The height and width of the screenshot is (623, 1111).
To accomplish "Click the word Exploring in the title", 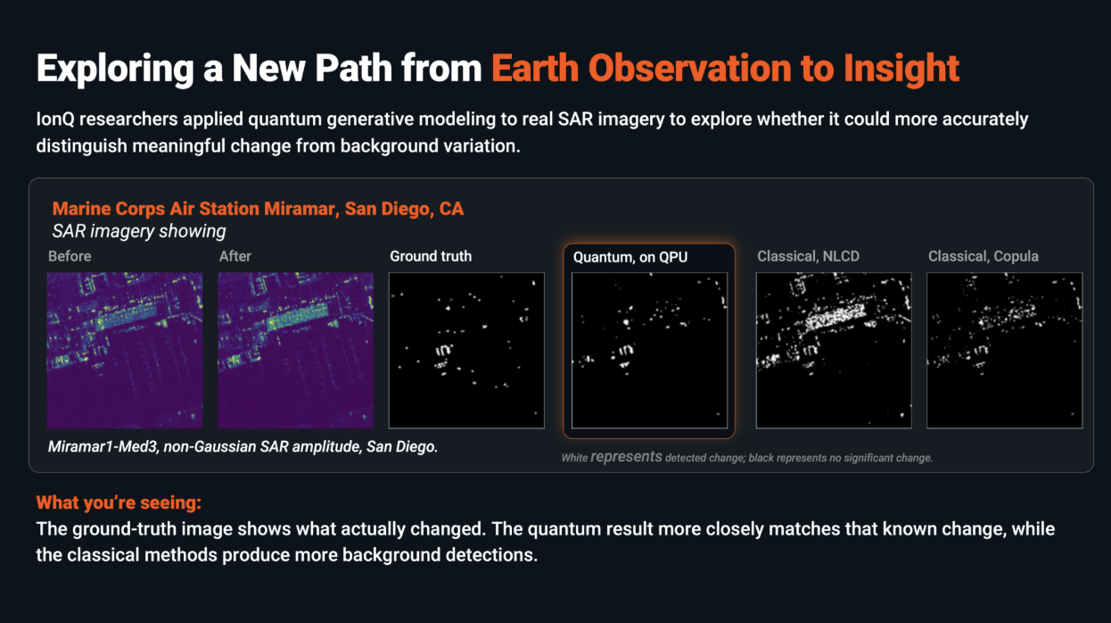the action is [x=115, y=69].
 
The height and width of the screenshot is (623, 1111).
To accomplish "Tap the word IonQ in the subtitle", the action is [x=55, y=120].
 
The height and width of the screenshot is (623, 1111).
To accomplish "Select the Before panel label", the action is [x=70, y=256].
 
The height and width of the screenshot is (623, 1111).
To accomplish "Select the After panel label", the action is [x=235, y=256].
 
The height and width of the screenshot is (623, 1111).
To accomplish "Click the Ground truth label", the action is [x=431, y=256].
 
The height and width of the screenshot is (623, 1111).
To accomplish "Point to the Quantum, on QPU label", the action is [x=630, y=257].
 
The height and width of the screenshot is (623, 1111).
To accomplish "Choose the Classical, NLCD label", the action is [x=808, y=256].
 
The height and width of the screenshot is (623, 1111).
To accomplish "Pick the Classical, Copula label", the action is [x=983, y=256].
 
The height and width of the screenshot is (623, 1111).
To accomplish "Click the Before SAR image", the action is [x=125, y=350].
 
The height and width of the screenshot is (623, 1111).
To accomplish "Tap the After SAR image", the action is [x=296, y=350].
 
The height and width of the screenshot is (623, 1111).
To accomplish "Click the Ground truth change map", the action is [x=466, y=350].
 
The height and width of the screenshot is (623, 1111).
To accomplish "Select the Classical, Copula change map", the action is [x=1004, y=350].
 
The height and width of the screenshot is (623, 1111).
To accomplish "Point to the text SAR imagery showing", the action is [x=139, y=231].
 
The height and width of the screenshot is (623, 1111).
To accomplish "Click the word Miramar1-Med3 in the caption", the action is [x=103, y=447].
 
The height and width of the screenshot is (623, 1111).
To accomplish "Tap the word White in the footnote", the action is [x=574, y=458].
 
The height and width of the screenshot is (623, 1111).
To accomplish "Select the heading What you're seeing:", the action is [x=119, y=503].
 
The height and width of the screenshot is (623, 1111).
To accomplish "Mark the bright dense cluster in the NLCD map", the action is [x=835, y=316].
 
